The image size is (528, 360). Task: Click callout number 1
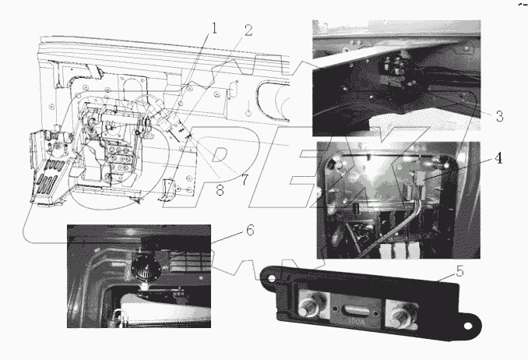tap(213, 29)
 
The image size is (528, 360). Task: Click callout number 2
tap(247, 30)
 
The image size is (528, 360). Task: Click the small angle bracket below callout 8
tap(164, 189)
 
